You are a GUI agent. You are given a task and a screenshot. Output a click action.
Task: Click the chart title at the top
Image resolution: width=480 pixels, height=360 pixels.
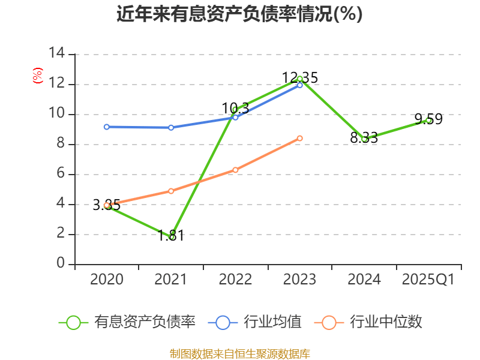point(239,14)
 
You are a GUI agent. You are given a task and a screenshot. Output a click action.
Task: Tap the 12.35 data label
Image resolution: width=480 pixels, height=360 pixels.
point(300,78)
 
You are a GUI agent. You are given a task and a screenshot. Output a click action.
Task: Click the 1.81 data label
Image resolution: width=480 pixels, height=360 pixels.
point(171,235)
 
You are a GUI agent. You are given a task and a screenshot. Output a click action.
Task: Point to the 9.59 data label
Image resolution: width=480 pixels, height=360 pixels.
point(428,119)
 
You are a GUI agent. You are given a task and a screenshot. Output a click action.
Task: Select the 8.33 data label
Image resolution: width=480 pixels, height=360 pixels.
point(364,138)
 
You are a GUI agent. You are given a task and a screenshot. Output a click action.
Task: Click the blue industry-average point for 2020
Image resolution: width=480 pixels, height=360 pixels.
point(106,127)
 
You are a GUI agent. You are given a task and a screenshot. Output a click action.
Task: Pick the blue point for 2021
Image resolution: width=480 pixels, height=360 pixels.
point(171,127)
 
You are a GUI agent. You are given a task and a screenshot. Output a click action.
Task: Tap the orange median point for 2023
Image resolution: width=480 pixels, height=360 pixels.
point(300,138)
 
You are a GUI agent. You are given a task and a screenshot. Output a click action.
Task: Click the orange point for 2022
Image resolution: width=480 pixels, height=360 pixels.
point(235,170)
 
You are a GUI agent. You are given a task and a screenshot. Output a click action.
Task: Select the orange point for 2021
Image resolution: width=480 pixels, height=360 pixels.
point(171,191)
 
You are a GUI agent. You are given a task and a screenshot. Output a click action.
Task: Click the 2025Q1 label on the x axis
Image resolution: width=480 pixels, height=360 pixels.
point(428,280)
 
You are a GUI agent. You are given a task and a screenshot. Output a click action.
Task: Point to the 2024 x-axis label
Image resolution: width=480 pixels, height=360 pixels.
point(364,280)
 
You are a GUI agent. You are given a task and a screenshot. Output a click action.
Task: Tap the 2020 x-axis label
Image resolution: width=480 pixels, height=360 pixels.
point(106,280)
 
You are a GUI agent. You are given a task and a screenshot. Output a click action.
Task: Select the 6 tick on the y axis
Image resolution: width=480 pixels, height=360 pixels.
point(61,174)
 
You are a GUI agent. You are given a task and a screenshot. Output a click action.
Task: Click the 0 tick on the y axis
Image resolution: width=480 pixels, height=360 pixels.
point(61,264)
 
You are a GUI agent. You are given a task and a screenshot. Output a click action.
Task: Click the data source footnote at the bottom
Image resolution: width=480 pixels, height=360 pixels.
point(239,353)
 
